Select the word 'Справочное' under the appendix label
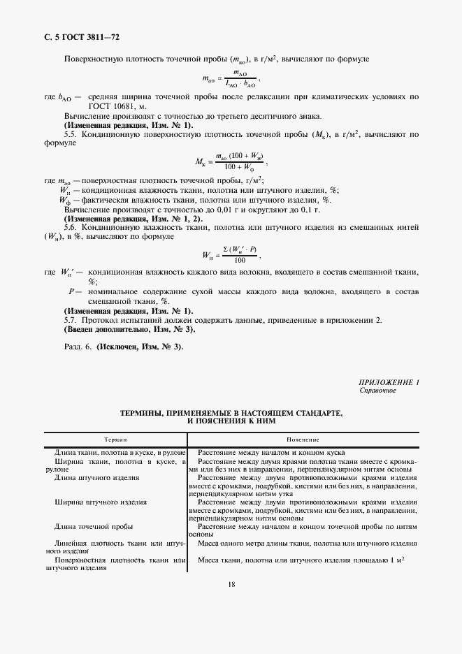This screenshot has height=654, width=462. [377, 391]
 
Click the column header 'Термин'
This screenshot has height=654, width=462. [115, 439]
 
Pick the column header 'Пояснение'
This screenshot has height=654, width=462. [303, 439]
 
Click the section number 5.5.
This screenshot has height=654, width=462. [71, 132]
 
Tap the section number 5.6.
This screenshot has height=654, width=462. [71, 227]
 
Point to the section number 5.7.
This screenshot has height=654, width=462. [71, 319]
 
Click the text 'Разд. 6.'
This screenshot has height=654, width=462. [78, 347]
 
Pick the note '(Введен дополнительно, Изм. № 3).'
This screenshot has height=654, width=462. [129, 328]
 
